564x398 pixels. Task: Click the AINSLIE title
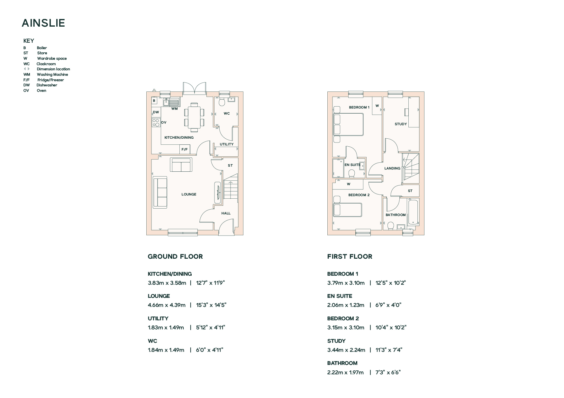(x=43, y=23)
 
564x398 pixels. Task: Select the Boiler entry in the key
(x=35, y=48)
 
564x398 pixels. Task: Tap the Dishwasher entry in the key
(x=40, y=85)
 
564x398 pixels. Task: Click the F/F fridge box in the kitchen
(x=185, y=149)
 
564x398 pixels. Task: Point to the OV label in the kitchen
(x=164, y=122)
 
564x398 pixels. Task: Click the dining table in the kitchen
(x=194, y=117)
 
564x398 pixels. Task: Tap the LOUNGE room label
(x=189, y=194)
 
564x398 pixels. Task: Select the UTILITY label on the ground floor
(x=227, y=144)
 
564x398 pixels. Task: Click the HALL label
(x=226, y=213)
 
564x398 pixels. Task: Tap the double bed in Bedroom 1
(x=348, y=125)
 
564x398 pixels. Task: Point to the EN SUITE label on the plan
(x=353, y=165)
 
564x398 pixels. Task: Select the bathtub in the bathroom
(x=413, y=212)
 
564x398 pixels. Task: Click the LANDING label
(x=392, y=168)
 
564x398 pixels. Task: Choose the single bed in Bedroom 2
(x=347, y=210)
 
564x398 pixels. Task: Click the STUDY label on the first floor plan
(x=401, y=124)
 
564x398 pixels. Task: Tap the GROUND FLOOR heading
(x=175, y=256)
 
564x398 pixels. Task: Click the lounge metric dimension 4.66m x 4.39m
(x=167, y=305)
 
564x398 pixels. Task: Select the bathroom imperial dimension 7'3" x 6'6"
(x=388, y=372)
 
